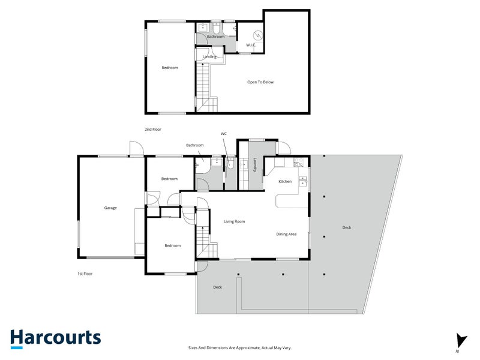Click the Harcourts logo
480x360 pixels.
[x=55, y=338]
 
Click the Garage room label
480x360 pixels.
[x=110, y=208]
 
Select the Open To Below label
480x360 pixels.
[x=260, y=82]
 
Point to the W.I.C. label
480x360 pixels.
[x=251, y=46]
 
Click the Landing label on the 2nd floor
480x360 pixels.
[x=209, y=57]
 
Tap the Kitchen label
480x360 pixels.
[x=285, y=181]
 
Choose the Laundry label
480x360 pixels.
[x=256, y=165]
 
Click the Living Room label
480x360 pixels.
[x=234, y=221]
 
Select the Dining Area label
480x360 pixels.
[x=286, y=234]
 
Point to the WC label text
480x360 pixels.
[x=224, y=133]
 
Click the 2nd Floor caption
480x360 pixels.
[x=153, y=129]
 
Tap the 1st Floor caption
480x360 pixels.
[x=85, y=274]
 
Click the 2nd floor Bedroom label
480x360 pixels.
[x=170, y=68]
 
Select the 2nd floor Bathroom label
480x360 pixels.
[x=215, y=37]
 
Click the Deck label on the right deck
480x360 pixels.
[x=347, y=227]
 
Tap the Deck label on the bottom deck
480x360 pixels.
[x=217, y=287]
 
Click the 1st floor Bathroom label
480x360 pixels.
[x=194, y=145]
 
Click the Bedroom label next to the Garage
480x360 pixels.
[x=169, y=179]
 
